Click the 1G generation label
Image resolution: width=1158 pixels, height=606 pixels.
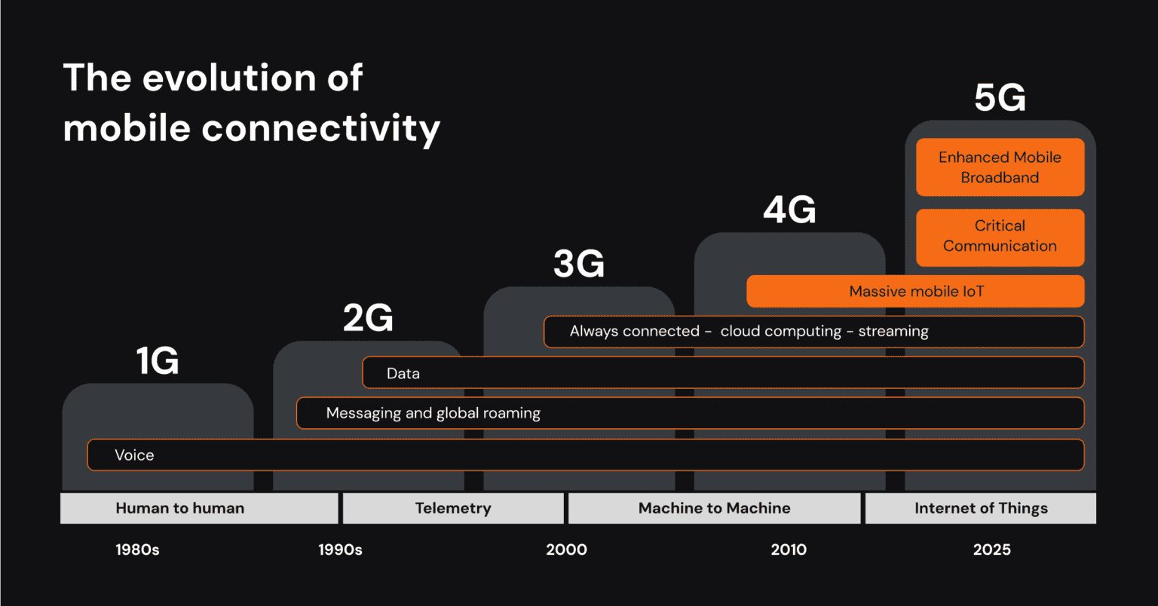tap(158, 360)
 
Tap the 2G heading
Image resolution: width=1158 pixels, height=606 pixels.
tap(368, 317)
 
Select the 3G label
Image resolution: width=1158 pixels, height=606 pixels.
tap(578, 263)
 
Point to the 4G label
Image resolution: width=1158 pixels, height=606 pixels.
tap(789, 210)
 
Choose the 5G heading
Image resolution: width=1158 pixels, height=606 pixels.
tap(1000, 98)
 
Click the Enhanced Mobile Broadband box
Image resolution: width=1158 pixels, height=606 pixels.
tap(1000, 167)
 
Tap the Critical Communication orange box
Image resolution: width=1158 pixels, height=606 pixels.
tap(1000, 237)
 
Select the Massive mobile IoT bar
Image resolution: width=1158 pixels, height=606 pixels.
tap(915, 292)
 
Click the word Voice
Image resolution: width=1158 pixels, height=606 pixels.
tap(134, 455)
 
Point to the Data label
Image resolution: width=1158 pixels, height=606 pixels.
tap(403, 373)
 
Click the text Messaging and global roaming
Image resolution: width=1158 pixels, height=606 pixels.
tap(433, 413)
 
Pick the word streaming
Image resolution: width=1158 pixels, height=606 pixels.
tap(893, 332)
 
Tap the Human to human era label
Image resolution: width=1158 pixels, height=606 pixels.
tap(179, 508)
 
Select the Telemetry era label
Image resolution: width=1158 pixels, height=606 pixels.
tap(452, 508)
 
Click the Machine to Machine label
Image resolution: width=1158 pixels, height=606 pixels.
tap(714, 508)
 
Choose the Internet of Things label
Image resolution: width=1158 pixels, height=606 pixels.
tap(981, 508)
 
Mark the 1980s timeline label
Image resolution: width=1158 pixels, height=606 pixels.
tap(137, 549)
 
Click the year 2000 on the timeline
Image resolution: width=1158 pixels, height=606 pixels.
tap(566, 549)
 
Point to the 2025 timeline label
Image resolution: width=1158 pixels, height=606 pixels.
tap(991, 549)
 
